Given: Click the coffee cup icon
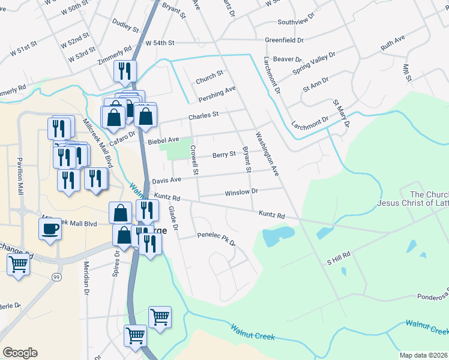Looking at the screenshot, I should click(50, 228).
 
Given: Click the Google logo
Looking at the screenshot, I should click(20, 353).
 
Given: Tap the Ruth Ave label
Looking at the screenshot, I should click(393, 43).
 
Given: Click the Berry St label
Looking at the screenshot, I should click(224, 155).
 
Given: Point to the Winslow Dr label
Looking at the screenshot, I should click(241, 192).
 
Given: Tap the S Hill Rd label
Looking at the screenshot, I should click(338, 261).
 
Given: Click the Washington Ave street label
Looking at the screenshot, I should click(267, 154).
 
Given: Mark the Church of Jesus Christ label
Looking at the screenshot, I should click(412, 199).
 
